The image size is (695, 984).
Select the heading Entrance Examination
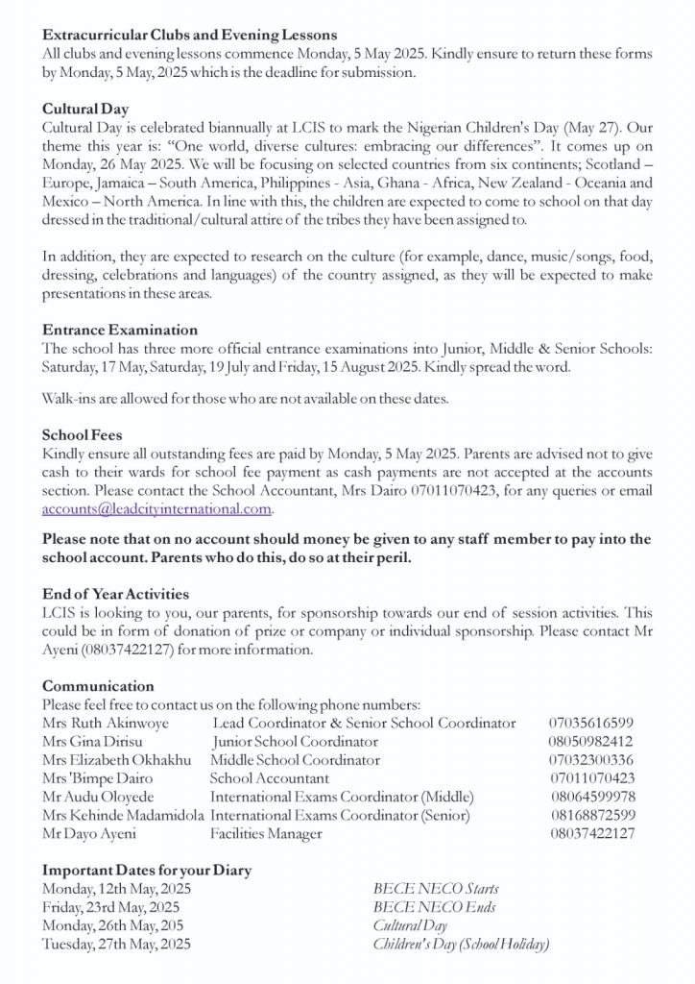tap(120, 330)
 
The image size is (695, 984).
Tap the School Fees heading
tap(82, 433)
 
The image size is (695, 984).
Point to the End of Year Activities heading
tap(115, 595)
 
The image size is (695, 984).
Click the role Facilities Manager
tap(266, 834)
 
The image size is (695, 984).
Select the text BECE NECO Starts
tap(435, 889)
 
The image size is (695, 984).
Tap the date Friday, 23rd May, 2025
tap(111, 907)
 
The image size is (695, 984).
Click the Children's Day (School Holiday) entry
tap(461, 944)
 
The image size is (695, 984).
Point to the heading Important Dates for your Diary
tap(147, 871)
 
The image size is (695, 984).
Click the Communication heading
tap(98, 686)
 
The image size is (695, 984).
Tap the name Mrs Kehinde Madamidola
tap(124, 815)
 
